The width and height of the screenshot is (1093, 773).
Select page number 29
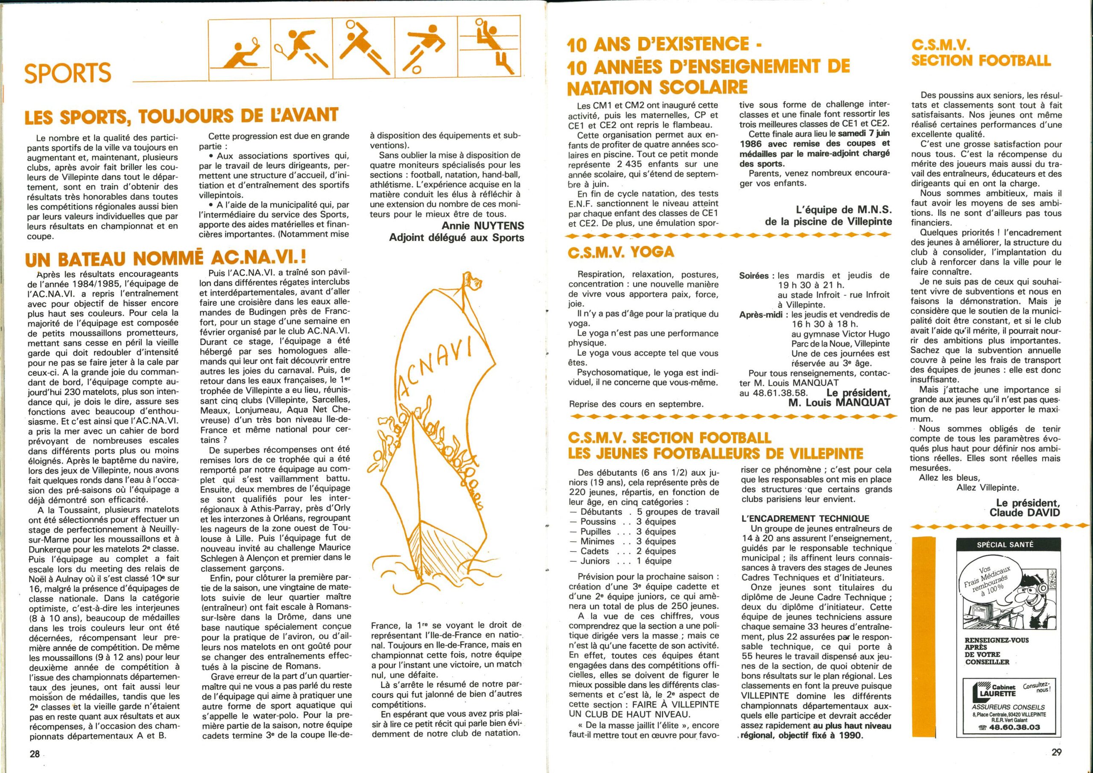click(1056, 752)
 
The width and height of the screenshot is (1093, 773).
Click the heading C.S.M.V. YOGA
click(621, 252)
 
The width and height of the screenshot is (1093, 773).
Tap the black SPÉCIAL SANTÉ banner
click(1005, 545)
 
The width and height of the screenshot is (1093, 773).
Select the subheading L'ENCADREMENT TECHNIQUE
click(805, 518)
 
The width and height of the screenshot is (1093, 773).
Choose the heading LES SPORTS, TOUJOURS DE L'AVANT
click(182, 116)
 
